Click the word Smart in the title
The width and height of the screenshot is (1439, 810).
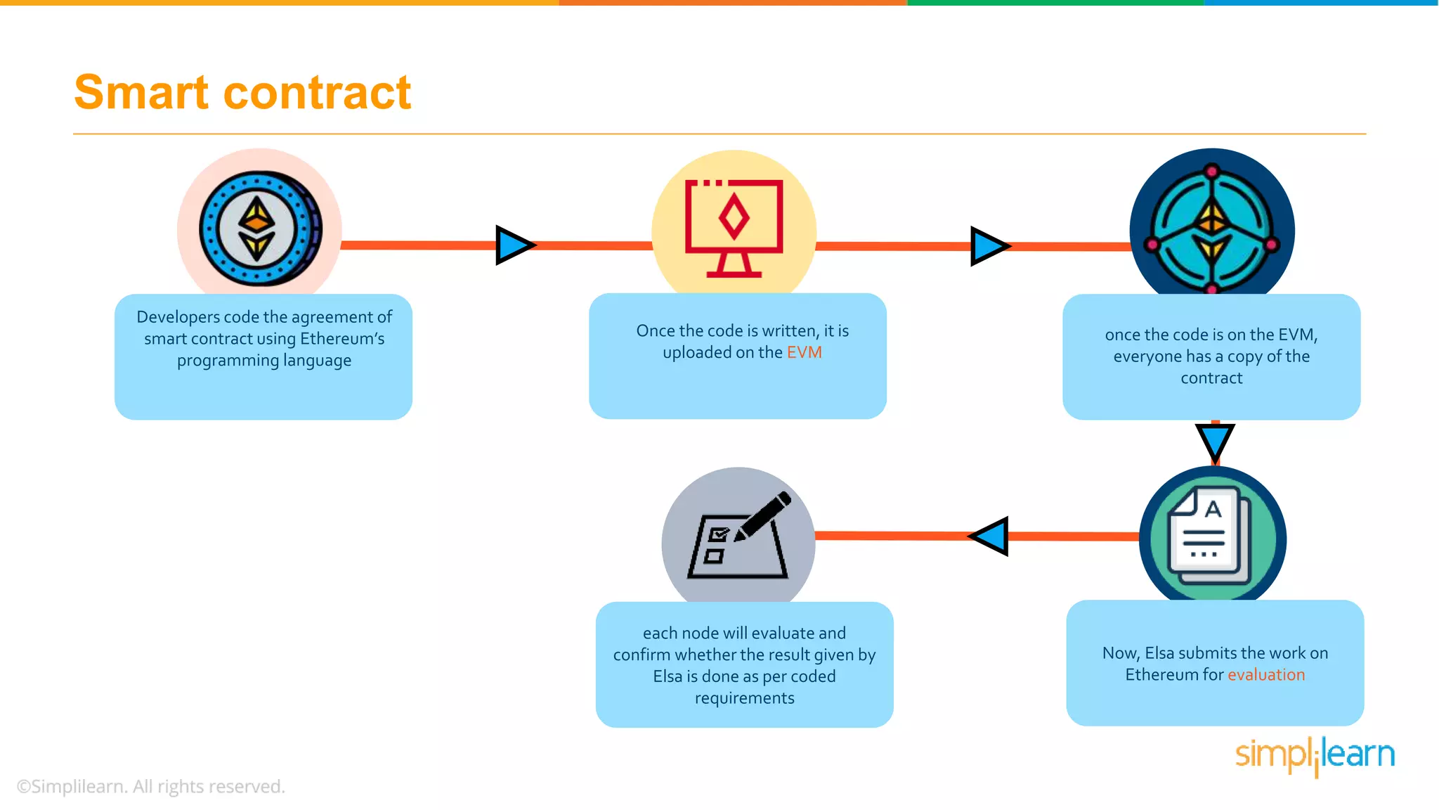[141, 93]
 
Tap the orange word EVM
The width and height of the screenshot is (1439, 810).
[804, 352]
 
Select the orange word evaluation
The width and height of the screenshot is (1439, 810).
[1265, 675]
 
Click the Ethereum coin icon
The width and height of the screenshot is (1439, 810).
[259, 229]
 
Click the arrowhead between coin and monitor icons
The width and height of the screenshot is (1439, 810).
[514, 245]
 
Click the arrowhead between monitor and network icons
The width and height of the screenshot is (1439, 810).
[989, 246]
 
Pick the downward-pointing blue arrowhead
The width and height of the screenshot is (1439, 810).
[1214, 442]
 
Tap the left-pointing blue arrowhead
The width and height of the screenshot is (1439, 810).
[991, 536]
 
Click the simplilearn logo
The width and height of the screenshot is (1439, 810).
[1314, 754]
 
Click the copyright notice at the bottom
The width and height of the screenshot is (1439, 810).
[150, 786]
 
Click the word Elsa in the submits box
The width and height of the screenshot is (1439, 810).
[1159, 653]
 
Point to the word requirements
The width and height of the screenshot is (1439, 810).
[744, 698]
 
